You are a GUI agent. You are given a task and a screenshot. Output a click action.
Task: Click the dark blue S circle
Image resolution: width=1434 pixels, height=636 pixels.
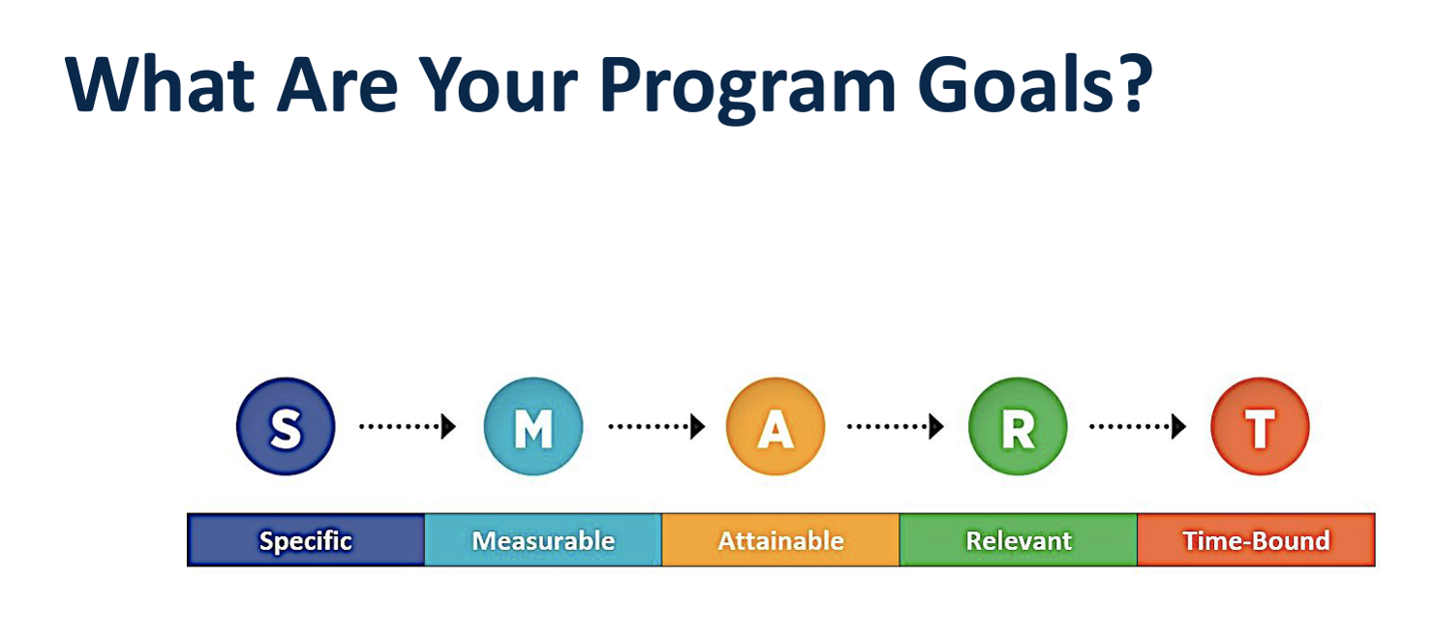286,427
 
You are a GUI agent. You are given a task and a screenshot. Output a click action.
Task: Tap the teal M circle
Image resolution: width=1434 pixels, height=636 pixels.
534,427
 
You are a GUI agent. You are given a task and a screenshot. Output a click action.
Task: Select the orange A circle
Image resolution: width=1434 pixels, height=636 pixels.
776,427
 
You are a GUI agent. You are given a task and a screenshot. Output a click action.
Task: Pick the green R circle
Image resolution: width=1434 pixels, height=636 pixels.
1018,427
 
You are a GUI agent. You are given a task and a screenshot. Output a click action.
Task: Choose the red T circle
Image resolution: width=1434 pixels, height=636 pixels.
1260,427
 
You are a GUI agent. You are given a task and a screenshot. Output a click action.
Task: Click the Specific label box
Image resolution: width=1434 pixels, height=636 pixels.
306,540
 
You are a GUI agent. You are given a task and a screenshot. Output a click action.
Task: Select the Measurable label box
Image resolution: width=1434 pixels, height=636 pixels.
543,540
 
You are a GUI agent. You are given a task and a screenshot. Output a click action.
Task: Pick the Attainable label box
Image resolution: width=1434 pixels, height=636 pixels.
780,540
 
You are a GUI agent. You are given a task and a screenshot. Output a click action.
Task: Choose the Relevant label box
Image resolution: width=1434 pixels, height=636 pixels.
1019,540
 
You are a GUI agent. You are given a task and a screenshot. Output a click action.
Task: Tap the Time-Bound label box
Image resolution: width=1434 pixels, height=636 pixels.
1256,540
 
